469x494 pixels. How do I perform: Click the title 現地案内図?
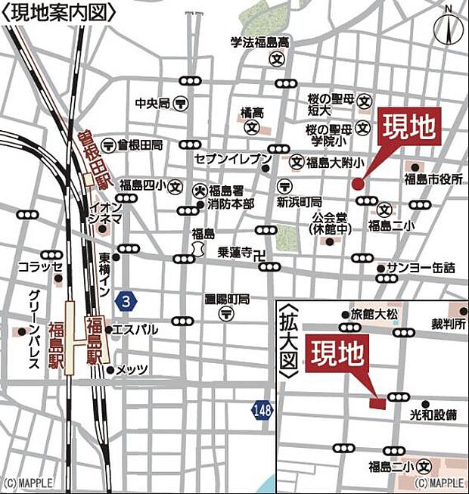[x=61, y=13]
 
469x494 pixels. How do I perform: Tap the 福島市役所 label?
[x=433, y=179]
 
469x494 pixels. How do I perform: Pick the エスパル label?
[x=139, y=329]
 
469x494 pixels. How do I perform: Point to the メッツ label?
[x=133, y=369]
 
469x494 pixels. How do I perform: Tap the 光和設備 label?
[x=433, y=415]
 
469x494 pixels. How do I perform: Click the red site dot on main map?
[x=358, y=182]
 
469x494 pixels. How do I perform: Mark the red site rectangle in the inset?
[x=377, y=403]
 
